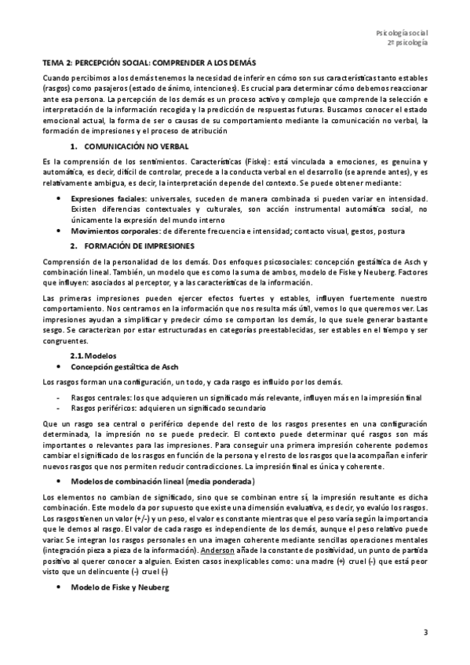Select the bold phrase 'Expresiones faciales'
pos(105,200)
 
